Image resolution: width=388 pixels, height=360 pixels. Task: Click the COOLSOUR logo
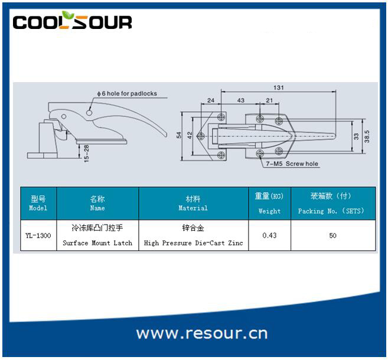tap(72, 20)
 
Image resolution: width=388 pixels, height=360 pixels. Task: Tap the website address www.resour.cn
tap(202, 333)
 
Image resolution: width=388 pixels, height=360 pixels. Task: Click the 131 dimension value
tap(279, 87)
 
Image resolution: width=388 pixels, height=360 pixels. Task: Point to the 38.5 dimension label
tap(367, 137)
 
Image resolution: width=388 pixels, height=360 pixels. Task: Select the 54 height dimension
tap(179, 135)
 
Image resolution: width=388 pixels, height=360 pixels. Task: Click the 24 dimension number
tap(211, 100)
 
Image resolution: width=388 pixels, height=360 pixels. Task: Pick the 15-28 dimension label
tap(86, 154)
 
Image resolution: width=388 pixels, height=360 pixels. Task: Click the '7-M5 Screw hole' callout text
tap(292, 164)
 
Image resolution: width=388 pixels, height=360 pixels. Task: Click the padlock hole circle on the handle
tap(89, 113)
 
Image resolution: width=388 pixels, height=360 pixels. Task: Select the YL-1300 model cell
tap(38, 235)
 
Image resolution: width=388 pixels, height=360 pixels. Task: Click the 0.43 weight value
tap(269, 235)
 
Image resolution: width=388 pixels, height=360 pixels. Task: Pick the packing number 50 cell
tap(333, 235)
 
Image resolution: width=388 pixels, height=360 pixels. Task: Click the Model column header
tap(38, 203)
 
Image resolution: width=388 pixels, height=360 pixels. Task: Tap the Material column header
tap(193, 203)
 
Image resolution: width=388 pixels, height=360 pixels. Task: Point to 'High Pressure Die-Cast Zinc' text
tap(194, 243)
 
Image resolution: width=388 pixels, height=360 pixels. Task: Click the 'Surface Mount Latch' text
tap(97, 243)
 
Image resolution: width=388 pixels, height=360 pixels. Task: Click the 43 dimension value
tap(241, 100)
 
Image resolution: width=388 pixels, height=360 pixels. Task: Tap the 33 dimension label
tap(356, 137)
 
